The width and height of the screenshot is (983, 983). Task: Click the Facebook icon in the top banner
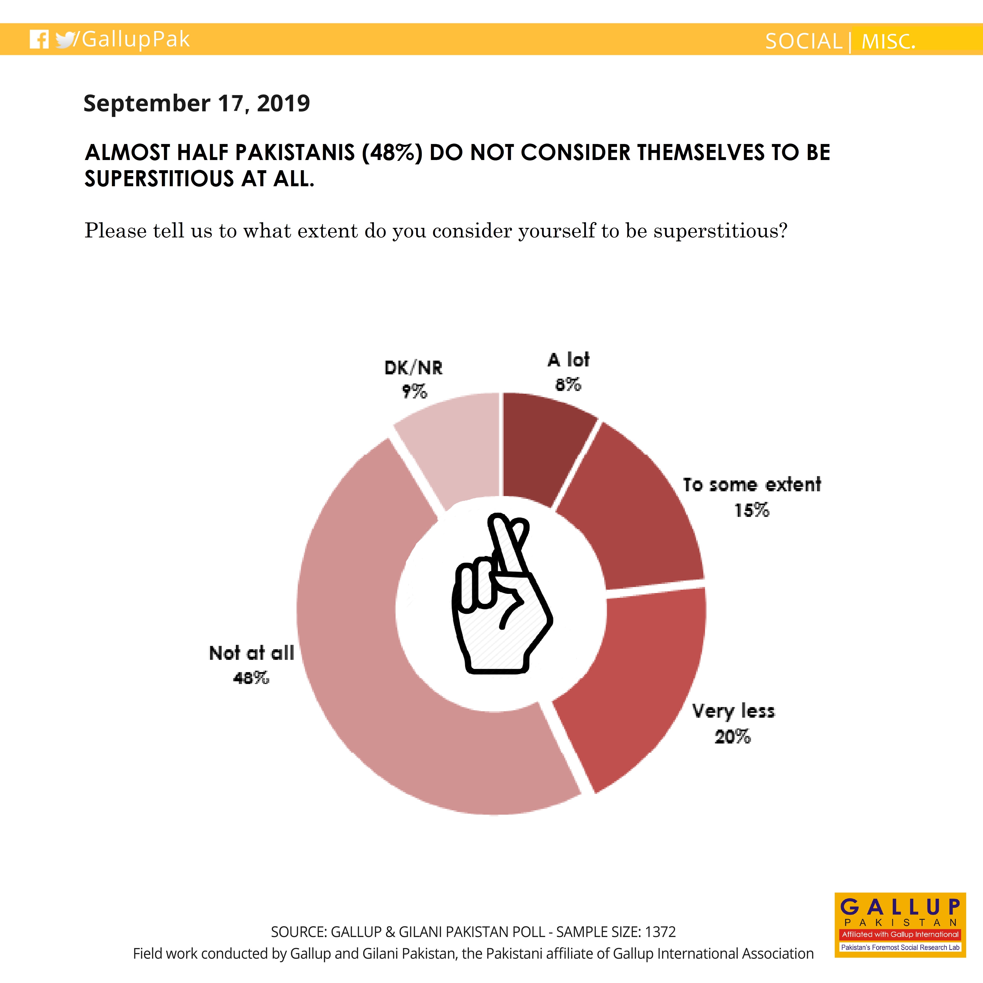click(39, 39)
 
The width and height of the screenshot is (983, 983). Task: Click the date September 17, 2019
click(196, 103)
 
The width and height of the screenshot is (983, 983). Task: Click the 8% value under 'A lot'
click(568, 385)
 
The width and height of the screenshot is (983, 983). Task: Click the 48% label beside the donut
click(251, 678)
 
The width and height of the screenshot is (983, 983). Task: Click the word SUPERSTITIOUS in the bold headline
click(159, 179)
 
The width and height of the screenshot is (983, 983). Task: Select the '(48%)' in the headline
click(392, 152)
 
